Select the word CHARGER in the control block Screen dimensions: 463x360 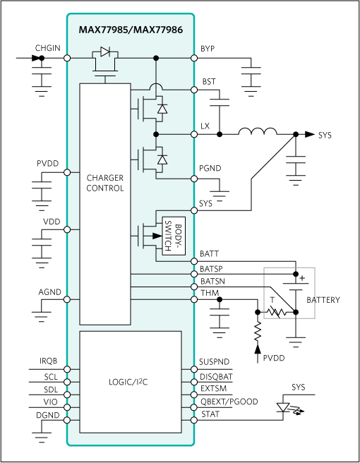[105, 178]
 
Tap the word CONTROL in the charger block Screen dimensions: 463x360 [105, 188]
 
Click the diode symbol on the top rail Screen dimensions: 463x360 [105, 52]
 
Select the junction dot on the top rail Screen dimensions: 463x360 [156, 58]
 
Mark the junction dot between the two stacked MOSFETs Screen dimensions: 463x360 [156, 134]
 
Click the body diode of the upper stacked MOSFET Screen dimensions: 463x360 [162, 109]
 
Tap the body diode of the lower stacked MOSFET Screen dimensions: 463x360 [162, 160]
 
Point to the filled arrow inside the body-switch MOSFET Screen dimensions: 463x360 [157, 236]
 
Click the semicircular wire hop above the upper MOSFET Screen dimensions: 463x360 [156, 87]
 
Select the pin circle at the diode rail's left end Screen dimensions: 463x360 [67, 58]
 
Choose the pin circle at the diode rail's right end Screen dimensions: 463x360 [194, 58]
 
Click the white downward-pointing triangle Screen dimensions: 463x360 [283, 407]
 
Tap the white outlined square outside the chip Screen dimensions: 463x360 [289, 292]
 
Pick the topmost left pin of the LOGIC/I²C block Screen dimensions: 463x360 [67, 369]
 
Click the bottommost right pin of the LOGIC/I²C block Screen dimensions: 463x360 [194, 420]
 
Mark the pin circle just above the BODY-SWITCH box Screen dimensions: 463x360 [194, 210]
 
